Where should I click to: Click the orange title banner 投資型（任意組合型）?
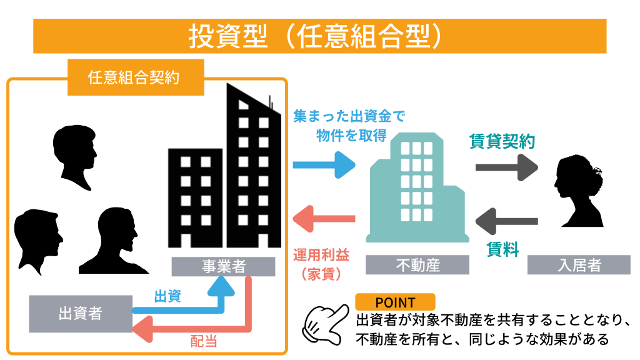coord(319,36)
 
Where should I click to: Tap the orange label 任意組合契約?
coord(136,77)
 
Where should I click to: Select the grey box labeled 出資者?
coord(81,313)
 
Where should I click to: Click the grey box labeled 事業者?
coord(224,266)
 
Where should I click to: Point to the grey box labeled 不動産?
coord(417,265)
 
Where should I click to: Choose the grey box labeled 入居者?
coord(579,265)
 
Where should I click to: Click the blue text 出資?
coord(167,296)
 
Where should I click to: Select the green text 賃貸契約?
coord(502,142)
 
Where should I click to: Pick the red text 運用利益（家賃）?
coord(321,263)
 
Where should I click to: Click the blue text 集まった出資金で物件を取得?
coord(339,124)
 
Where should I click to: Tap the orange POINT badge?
coord(395,302)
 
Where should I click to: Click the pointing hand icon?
coord(324,324)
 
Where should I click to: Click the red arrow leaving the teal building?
coord(324,219)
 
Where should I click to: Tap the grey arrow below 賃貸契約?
coord(507,167)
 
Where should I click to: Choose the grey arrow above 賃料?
coord(507,221)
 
